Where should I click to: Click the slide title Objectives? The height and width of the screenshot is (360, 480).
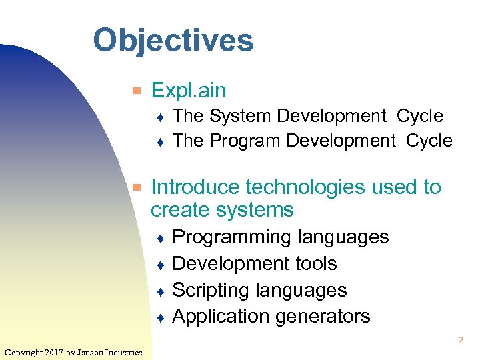pos(173,40)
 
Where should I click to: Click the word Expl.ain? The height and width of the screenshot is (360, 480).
pos(189,90)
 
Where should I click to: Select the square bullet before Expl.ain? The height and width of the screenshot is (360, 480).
pos(136,90)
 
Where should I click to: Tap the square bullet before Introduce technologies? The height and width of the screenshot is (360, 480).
pos(136,187)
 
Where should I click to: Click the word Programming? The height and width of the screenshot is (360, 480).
pos(232,237)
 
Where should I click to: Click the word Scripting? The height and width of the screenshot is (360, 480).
pos(209,291)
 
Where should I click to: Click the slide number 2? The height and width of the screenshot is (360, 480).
pos(460,341)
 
